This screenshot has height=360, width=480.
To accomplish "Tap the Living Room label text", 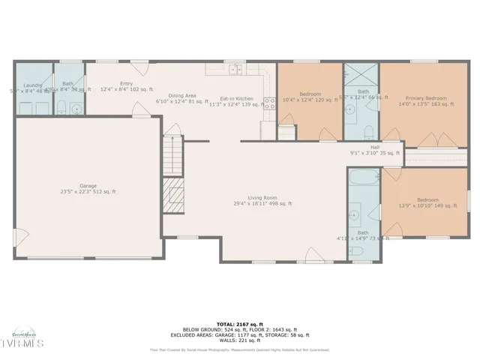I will tap(262, 197).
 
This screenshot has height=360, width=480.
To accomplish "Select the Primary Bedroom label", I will tap(426, 98).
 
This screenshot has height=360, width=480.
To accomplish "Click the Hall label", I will tap(374, 147).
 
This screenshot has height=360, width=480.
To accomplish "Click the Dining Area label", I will tap(181, 95).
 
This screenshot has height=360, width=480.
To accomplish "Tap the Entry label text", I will tap(125, 83).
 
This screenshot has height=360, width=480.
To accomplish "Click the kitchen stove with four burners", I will tap(268, 106).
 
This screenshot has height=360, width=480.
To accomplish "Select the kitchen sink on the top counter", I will tap(236, 70).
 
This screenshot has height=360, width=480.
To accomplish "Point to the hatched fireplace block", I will tap(174, 196).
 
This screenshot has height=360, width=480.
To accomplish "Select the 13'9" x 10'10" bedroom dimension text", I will tap(427, 205).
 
